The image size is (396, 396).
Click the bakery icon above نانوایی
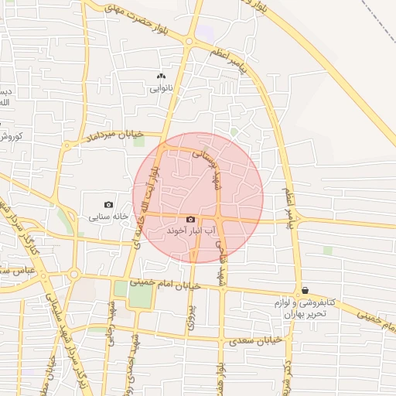pyautogui.click(x=161, y=77)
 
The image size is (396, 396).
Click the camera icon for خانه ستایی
pyautogui.click(x=108, y=205)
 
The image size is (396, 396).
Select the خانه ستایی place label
pyautogui.click(x=108, y=217)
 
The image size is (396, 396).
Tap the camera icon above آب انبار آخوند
pyautogui.click(x=191, y=220)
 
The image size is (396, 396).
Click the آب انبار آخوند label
pyautogui.click(x=191, y=231)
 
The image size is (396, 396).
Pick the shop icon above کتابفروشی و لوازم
pyautogui.click(x=305, y=290)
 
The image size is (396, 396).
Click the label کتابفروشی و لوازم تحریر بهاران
pyautogui.click(x=305, y=308)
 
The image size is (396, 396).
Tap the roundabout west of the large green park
pyautogui.click(x=74, y=274)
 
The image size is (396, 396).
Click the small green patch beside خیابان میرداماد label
pyautogui.click(x=139, y=142)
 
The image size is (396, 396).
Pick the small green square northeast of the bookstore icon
pyautogui.click(x=328, y=251)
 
